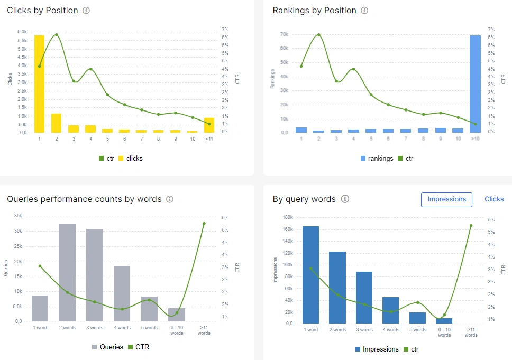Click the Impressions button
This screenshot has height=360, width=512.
point(446,199)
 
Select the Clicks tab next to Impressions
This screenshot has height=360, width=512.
point(494,199)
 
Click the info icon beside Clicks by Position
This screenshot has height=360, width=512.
point(86,11)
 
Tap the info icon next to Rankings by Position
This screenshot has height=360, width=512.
point(364,11)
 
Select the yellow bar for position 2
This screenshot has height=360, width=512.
point(56,123)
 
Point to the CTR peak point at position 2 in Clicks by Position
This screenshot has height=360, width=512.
point(57,35)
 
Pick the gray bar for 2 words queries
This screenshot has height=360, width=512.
point(67,272)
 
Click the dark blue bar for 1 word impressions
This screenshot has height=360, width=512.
point(311,274)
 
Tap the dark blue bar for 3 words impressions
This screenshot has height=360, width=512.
point(364,297)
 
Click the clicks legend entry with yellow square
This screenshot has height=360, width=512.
point(131,158)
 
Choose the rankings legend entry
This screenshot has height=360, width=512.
point(377,158)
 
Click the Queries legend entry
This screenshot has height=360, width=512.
point(107,347)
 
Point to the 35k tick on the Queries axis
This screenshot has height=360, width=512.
point(17,216)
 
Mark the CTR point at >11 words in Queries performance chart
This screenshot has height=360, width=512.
point(204,224)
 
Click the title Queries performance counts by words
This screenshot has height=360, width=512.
point(84,199)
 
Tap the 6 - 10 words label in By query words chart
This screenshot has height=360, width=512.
point(444,332)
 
